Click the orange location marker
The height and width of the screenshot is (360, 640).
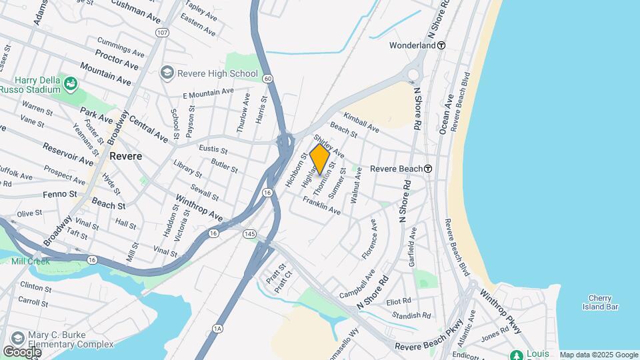pyautogui.click(x=320, y=159)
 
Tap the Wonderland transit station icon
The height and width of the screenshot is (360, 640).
pyautogui.click(x=441, y=45)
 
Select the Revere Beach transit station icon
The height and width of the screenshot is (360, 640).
pyautogui.click(x=428, y=169)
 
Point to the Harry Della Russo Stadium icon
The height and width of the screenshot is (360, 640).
pyautogui.click(x=71, y=83)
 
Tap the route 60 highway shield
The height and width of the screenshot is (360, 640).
pyautogui.click(x=267, y=79)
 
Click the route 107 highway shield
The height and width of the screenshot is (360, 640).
pyautogui.click(x=162, y=31)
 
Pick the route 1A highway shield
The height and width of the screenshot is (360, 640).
pyautogui.click(x=217, y=328)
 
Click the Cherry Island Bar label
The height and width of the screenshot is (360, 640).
pyautogui.click(x=604, y=303)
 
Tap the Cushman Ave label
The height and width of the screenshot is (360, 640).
pyautogui.click(x=137, y=8)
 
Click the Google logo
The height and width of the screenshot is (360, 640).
pyautogui.click(x=22, y=351)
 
